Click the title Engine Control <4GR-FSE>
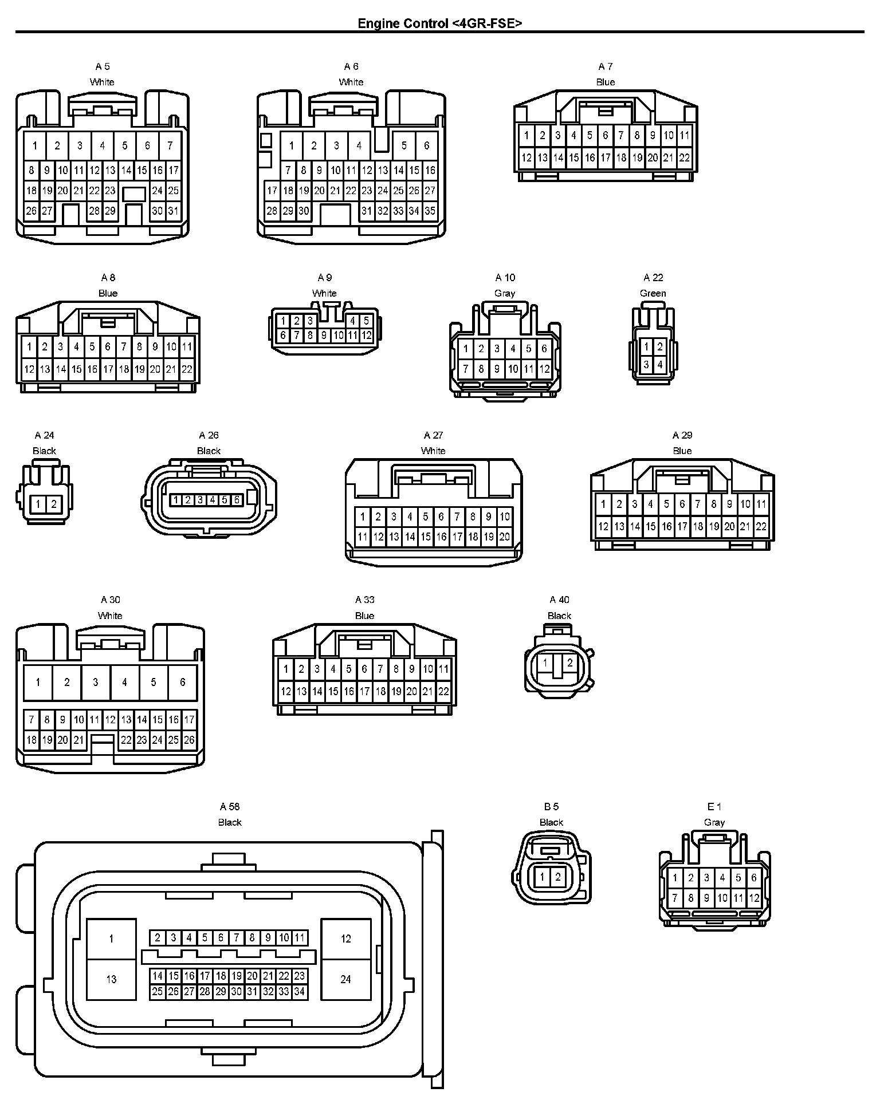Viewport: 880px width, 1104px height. click(x=439, y=23)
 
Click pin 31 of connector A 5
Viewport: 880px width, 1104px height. click(x=173, y=211)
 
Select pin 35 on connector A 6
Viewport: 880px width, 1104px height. click(x=430, y=211)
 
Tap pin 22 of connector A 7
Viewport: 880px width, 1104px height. click(x=684, y=157)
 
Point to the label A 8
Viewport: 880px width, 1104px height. click(x=108, y=278)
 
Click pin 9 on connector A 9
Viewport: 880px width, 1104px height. click(x=324, y=336)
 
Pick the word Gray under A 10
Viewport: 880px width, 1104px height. click(x=505, y=293)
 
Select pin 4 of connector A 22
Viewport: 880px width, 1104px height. click(x=660, y=364)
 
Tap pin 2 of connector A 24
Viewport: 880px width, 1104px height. click(x=54, y=504)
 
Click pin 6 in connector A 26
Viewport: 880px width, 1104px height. click(x=236, y=500)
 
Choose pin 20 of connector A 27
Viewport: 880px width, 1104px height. click(x=504, y=537)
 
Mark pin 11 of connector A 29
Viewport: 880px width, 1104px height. click(x=761, y=504)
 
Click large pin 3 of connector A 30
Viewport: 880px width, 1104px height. click(x=96, y=682)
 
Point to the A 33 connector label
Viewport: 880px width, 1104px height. click(x=364, y=600)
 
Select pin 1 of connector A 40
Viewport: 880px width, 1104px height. click(x=545, y=663)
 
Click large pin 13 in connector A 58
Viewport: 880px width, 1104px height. click(x=111, y=979)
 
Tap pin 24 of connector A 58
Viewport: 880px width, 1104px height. click(x=345, y=979)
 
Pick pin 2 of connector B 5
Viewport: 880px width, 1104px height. click(x=558, y=877)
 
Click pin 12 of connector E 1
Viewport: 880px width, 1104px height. click(x=754, y=898)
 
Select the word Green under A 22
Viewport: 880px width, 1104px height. click(x=653, y=293)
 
